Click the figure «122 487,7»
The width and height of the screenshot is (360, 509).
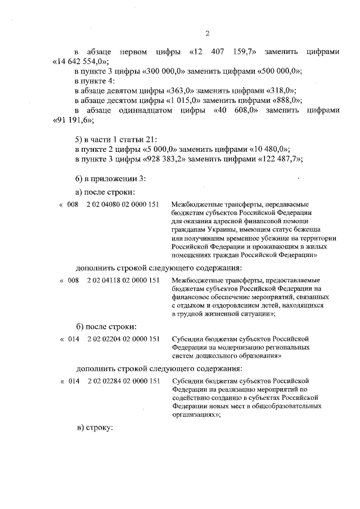click(x=280, y=159)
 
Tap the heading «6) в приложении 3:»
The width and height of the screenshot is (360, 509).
click(x=111, y=178)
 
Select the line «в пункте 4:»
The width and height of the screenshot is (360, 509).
click(x=94, y=81)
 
